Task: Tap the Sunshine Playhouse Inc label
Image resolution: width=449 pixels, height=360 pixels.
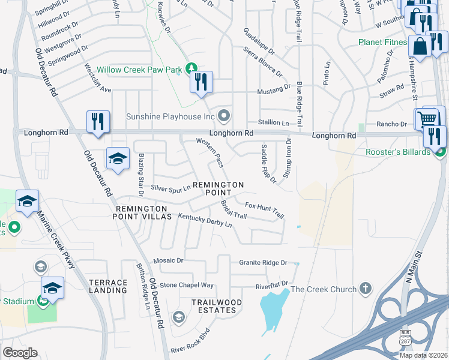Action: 170,116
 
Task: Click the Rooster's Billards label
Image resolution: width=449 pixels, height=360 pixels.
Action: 398,152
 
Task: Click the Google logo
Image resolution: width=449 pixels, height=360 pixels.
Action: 20,353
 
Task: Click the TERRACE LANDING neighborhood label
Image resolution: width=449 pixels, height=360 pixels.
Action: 108,286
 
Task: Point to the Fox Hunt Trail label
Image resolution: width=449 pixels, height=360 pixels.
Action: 264,209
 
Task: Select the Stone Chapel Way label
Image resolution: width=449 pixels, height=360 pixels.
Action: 187,285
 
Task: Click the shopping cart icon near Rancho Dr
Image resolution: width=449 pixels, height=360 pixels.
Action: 429,118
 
